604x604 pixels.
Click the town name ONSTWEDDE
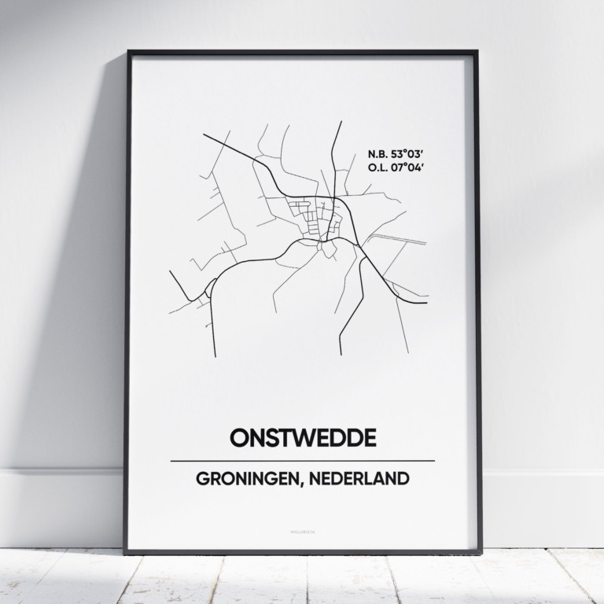[302, 437]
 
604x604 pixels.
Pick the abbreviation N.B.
[376, 153]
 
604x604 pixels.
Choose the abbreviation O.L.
[376, 167]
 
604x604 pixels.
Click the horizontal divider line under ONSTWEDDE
[302, 461]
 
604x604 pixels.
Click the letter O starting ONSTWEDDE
[239, 437]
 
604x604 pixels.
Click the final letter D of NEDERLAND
[403, 479]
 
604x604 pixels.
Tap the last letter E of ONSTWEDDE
[368, 437]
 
